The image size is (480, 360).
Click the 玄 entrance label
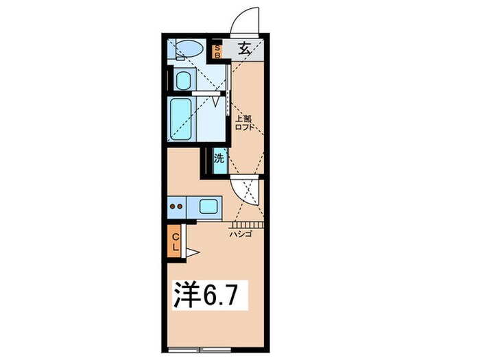(245, 49)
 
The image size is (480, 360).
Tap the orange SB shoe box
(217, 51)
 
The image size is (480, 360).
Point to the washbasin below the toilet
(182, 80)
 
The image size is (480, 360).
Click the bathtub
(181, 118)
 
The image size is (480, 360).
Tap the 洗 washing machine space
(219, 159)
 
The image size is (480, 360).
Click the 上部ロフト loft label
(244, 121)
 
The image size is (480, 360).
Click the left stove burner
(174, 205)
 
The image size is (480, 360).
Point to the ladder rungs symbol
(246, 224)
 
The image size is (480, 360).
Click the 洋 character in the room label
(184, 296)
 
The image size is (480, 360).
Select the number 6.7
(219, 296)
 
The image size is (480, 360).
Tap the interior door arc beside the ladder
(243, 189)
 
